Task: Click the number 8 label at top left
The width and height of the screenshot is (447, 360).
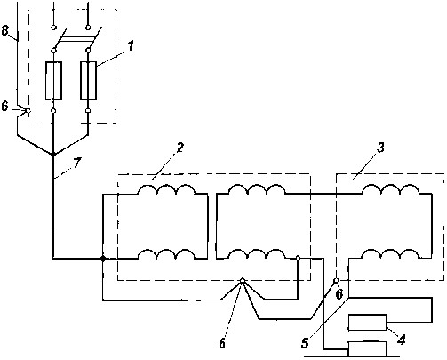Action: coord(5,30)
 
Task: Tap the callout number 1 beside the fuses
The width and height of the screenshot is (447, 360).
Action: coord(131,46)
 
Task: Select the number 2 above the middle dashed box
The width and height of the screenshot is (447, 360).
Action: coord(180,148)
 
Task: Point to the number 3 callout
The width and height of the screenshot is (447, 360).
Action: coord(380,148)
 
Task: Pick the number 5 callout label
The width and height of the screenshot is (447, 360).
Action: coord(305,343)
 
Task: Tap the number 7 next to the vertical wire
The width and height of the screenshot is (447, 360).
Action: coord(77,164)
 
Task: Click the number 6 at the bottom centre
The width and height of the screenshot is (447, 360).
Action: coord(222,343)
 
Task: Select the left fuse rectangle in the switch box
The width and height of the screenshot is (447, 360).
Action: coord(53,81)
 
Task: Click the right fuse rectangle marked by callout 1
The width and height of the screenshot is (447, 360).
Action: coord(88,81)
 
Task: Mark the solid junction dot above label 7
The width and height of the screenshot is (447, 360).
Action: coord(53,155)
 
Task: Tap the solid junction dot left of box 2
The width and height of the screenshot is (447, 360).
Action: coord(103,259)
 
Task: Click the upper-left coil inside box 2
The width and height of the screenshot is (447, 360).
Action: coord(167,189)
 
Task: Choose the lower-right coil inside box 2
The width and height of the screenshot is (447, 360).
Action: coord(258,254)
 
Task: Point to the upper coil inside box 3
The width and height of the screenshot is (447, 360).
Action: coord(391,189)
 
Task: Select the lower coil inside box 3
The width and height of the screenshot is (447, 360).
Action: coord(391,254)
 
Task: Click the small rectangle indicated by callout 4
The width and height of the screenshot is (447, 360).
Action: coord(368,323)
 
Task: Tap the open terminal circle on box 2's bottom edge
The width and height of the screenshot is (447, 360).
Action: coord(243,280)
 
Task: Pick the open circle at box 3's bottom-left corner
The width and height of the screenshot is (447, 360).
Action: coord(336,280)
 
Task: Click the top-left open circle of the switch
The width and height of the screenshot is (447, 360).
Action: coord(53,28)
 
